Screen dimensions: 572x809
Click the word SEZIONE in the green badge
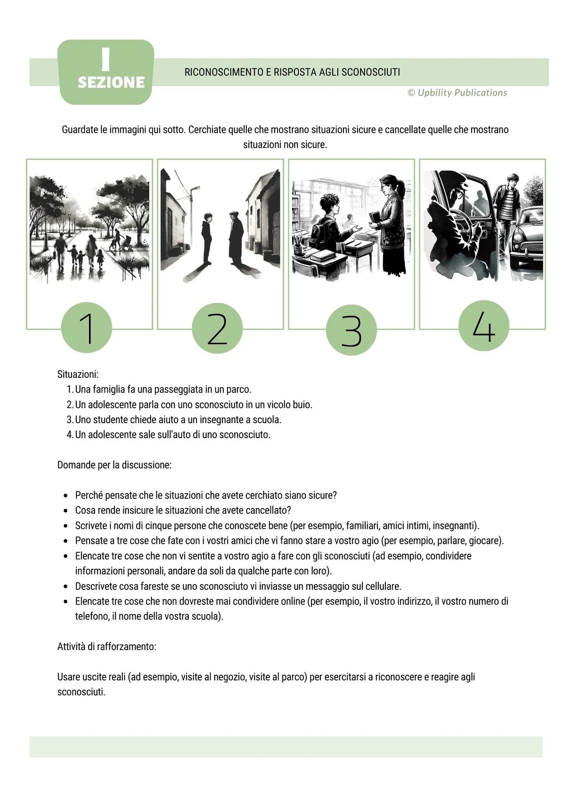click(111, 82)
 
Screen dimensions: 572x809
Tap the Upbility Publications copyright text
click(457, 93)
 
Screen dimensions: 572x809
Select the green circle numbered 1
click(87, 328)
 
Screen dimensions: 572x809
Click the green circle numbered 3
click(351, 330)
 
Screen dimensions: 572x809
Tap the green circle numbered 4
click(484, 326)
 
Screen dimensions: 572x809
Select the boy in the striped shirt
click(507, 207)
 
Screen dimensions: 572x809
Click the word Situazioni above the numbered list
click(78, 375)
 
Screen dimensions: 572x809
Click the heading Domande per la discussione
click(114, 465)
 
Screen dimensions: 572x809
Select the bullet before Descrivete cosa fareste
click(65, 587)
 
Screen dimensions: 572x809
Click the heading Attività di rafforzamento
click(106, 646)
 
